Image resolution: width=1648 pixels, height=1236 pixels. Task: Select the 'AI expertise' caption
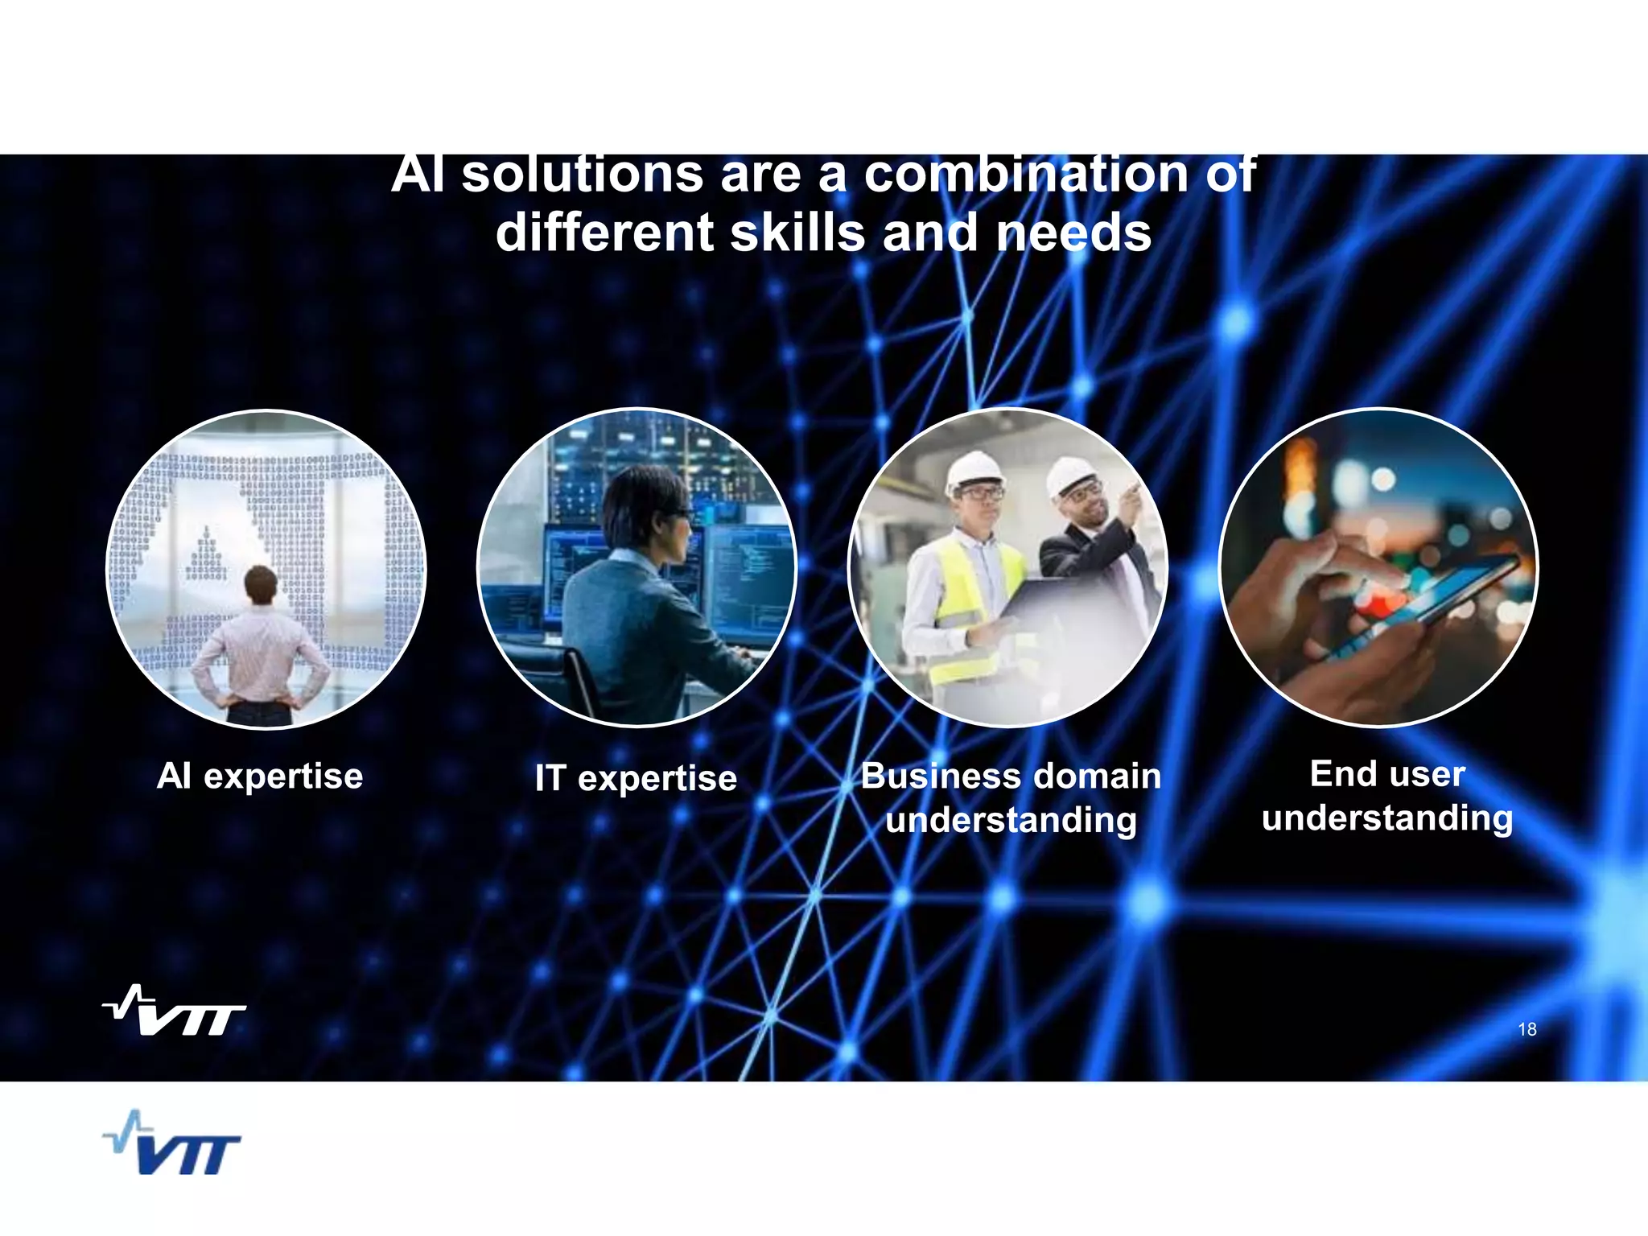pyautogui.click(x=260, y=777)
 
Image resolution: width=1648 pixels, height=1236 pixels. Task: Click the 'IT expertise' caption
pyautogui.click(x=636, y=778)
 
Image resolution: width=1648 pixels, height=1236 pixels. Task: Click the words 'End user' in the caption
pyautogui.click(x=1387, y=774)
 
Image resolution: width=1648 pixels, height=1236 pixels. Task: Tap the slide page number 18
pyautogui.click(x=1526, y=1029)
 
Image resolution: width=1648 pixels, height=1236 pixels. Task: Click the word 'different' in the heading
pyautogui.click(x=604, y=233)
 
